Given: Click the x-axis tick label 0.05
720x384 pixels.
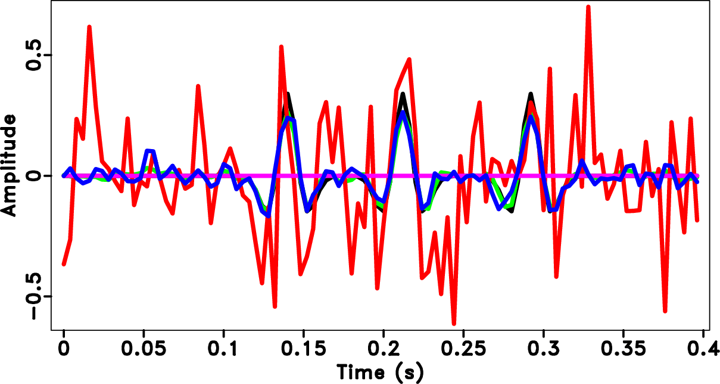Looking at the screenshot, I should click(143, 349).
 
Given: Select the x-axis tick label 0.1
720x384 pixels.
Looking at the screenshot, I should click(223, 349).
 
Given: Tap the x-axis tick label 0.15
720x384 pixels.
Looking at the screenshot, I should click(303, 349).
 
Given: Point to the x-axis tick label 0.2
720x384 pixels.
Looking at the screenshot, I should click(384, 349).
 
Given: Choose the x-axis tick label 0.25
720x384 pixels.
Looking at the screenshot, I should click(463, 349).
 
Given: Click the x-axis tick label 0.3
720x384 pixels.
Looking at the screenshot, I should click(543, 349).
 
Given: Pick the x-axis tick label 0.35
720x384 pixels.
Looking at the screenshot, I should click(623, 349).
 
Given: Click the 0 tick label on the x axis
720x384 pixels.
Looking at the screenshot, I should click(63, 349).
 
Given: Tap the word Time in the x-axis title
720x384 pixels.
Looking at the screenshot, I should click(362, 372).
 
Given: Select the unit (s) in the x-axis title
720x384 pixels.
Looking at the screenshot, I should click(410, 372).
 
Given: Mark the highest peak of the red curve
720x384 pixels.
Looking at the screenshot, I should click(588, 7).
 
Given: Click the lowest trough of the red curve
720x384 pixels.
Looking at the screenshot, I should click(454, 324).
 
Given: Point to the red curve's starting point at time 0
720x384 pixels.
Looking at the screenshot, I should click(64, 264).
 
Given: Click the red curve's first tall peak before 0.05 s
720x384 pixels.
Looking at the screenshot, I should click(89, 27).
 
